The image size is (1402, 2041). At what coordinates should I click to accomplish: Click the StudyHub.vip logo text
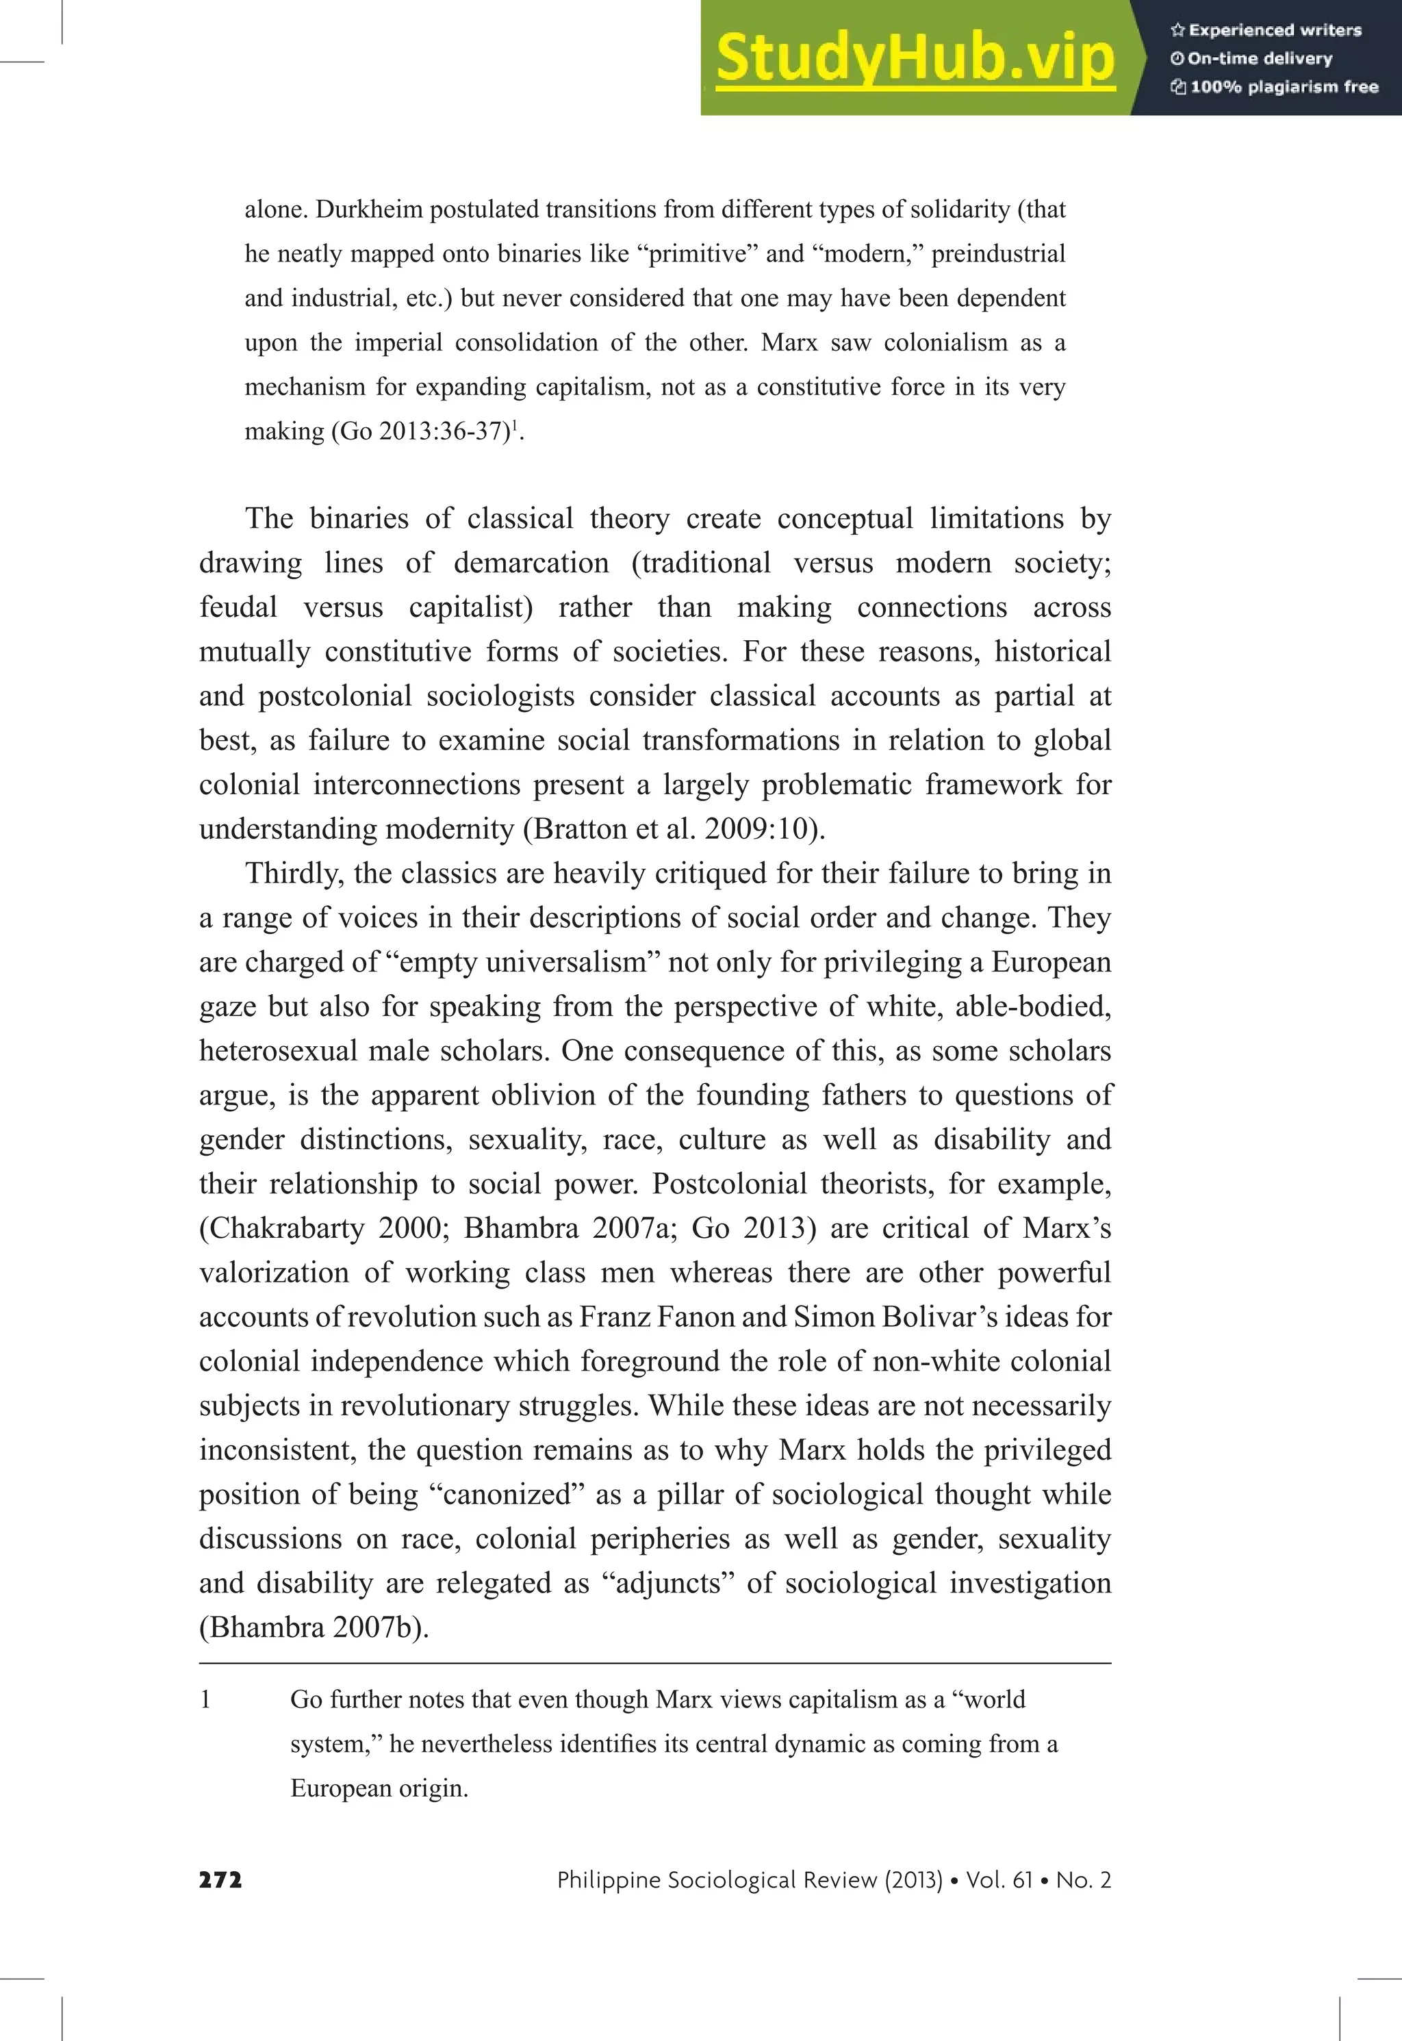click(x=915, y=58)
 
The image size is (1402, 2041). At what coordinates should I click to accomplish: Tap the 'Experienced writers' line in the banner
click(x=1274, y=30)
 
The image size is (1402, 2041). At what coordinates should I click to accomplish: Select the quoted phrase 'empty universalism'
click(x=523, y=962)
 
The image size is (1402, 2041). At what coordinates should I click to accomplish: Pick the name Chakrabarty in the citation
click(x=286, y=1228)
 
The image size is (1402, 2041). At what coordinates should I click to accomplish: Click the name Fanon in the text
click(x=696, y=1317)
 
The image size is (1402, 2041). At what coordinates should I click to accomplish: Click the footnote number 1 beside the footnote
click(x=205, y=1699)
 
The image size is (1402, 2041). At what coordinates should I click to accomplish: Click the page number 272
click(x=220, y=1880)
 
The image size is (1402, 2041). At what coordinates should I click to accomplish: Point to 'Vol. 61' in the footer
click(x=999, y=1880)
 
